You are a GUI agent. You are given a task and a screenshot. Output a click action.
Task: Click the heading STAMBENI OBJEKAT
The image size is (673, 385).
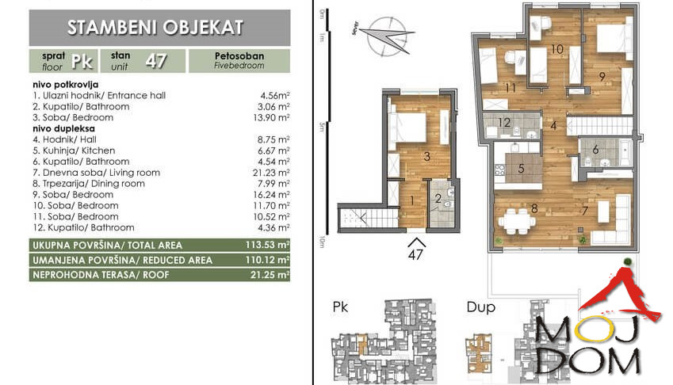[x=155, y=28]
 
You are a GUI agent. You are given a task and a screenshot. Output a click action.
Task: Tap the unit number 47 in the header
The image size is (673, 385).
[x=155, y=61]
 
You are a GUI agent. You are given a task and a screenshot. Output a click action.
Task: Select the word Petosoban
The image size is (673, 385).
[x=239, y=56]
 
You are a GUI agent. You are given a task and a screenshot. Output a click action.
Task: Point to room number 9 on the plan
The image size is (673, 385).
[x=602, y=76]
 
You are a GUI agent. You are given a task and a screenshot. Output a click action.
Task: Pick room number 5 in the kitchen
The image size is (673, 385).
[x=522, y=168]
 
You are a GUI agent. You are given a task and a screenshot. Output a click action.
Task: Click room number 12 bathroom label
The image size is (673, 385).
[x=505, y=123]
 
